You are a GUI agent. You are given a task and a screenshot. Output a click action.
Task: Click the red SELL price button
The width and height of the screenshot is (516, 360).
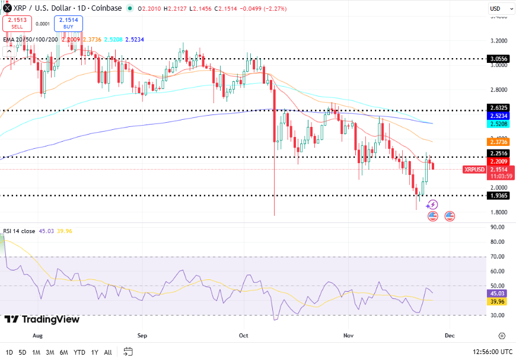(x=17, y=23)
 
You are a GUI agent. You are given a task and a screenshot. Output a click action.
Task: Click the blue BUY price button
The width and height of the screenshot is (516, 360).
(x=69, y=23)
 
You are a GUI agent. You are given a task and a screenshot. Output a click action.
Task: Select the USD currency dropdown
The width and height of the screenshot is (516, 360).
(x=496, y=9)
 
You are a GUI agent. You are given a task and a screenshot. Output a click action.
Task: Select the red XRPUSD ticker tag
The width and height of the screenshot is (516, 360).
(x=474, y=170)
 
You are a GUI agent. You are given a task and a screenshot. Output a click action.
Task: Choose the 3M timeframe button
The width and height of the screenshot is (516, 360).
(x=50, y=352)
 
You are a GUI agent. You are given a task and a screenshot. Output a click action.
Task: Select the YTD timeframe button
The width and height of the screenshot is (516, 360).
(x=79, y=352)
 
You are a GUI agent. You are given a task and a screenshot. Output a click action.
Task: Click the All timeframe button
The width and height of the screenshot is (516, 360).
(x=107, y=352)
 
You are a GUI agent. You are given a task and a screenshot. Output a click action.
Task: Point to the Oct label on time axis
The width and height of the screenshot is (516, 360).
(x=244, y=335)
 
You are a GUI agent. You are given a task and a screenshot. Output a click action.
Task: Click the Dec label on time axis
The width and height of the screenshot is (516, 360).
(x=449, y=335)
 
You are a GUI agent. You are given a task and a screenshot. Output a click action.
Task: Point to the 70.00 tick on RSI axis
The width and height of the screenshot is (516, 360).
(x=497, y=257)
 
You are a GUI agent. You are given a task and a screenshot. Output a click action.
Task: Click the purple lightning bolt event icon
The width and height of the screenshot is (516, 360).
(x=432, y=205)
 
